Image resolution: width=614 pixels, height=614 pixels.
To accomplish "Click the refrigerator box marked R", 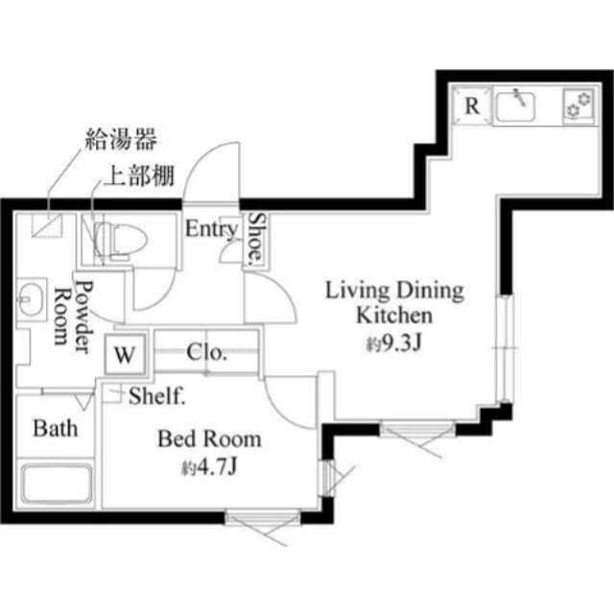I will pos(473,106).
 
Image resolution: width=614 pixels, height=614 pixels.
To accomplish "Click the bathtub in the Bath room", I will pos(57,485).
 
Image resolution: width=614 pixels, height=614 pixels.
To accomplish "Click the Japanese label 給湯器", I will pos(118,141).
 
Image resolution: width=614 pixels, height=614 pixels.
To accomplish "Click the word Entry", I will pos(211,229).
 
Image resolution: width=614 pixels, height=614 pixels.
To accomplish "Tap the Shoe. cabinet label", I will pos(256,237).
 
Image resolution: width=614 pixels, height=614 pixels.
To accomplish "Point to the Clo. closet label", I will pos(206,352).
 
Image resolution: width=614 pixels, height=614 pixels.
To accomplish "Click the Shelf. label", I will pos(156,394).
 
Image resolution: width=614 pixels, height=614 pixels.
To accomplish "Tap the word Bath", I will pos(56,428).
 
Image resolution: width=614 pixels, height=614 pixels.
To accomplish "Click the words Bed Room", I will pos(209,439).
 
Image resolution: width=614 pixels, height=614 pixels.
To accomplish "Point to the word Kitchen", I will pos(394,315).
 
